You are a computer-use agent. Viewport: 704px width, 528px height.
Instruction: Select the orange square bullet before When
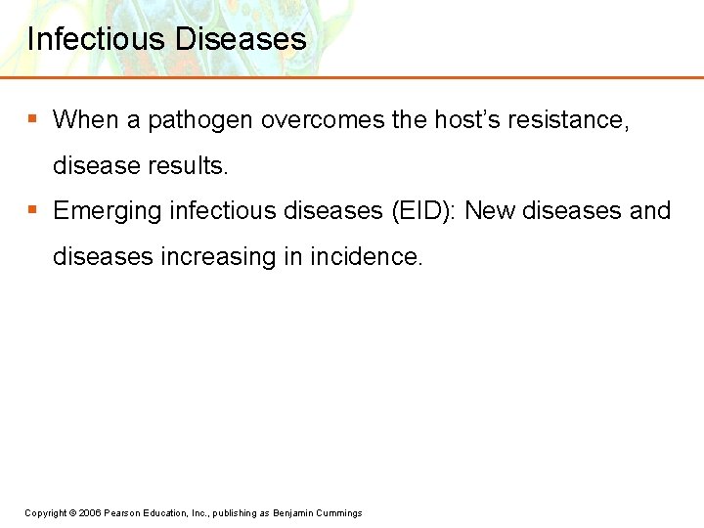(x=32, y=118)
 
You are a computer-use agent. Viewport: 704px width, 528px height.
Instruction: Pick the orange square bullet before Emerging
(x=32, y=209)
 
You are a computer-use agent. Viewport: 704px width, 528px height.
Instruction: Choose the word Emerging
(x=108, y=211)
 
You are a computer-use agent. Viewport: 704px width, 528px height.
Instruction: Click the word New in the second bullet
(x=491, y=211)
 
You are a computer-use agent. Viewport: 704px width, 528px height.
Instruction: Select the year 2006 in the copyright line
(x=90, y=513)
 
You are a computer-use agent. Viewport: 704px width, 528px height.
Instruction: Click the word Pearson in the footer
(x=124, y=513)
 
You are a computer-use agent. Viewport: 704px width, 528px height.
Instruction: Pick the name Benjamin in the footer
(x=296, y=513)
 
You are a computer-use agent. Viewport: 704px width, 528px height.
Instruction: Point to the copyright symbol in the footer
(x=72, y=513)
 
